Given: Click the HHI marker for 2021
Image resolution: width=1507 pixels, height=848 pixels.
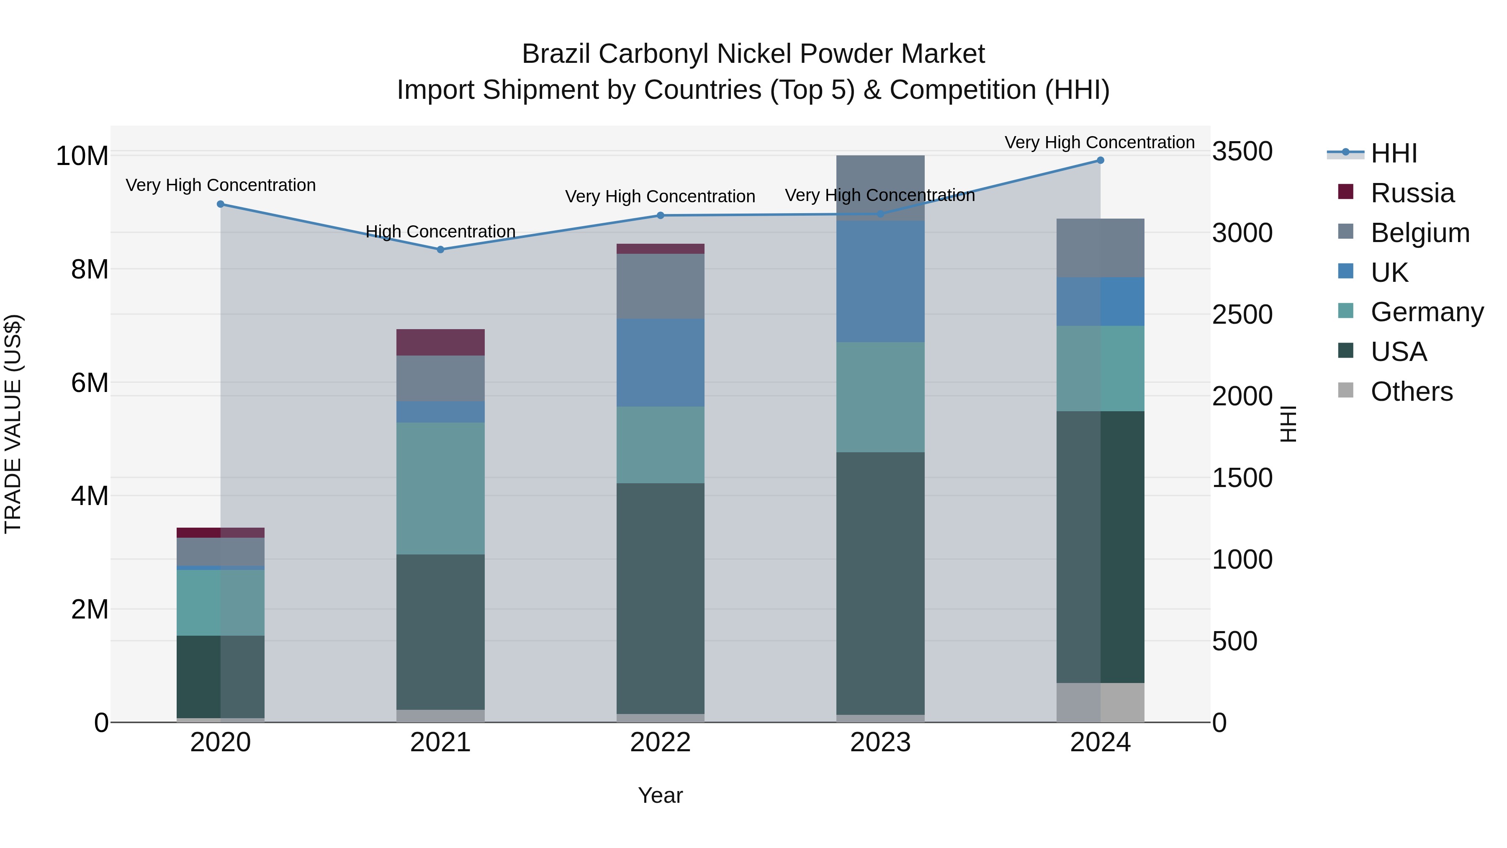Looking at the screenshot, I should tap(440, 249).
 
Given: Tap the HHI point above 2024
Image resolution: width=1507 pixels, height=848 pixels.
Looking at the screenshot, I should tap(1100, 160).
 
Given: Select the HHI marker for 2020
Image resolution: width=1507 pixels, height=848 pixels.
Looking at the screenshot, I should tap(221, 204).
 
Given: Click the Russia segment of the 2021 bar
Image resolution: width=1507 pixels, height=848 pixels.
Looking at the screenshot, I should tap(440, 343).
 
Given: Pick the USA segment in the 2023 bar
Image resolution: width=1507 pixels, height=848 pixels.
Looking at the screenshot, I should tap(880, 583).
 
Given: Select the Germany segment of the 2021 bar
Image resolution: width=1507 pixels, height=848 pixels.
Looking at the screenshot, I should tap(440, 488).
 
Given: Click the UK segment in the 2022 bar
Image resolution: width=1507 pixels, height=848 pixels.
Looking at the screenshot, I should tap(661, 362).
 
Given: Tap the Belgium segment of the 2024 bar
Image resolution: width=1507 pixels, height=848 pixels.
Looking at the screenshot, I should tap(1100, 248).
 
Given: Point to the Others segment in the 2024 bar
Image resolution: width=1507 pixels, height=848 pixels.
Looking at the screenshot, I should tap(1100, 702).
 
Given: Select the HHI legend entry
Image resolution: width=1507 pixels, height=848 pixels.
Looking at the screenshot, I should tap(1394, 153).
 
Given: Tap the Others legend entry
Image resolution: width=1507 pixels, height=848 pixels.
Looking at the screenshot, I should tap(1411, 392).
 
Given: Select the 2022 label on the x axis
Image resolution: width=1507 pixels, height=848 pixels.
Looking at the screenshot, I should tap(661, 742).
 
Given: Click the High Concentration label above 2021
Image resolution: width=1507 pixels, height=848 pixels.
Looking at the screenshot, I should tap(440, 231).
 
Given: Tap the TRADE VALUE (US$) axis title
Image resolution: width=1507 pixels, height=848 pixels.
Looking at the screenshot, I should tap(13, 424).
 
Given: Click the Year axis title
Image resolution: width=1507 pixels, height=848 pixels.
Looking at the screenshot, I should tap(661, 795).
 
